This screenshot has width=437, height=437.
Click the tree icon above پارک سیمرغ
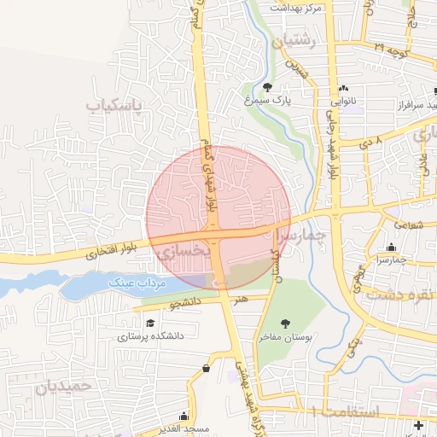coord(267,87)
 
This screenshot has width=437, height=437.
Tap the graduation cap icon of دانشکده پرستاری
coord(151,323)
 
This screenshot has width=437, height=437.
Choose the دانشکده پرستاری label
coord(150,336)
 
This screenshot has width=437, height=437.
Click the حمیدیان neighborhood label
coord(62,387)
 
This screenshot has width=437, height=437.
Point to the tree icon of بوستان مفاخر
coord(283,323)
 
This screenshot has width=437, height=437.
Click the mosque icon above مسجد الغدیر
coord(207,368)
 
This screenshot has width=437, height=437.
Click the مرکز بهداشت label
coord(295,7)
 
